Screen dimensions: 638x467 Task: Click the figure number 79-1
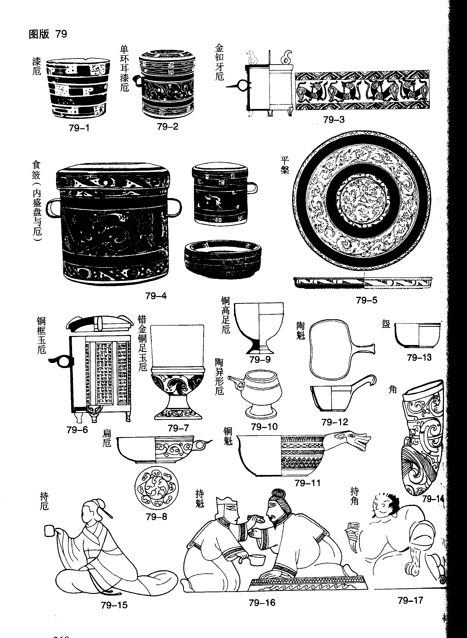79,128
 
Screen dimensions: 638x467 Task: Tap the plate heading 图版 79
48,34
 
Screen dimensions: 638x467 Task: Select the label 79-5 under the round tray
366,300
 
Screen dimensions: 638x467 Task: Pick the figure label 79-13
419,357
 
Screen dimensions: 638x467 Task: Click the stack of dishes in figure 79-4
223,259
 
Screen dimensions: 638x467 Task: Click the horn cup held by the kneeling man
352,532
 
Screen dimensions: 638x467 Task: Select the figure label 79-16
262,603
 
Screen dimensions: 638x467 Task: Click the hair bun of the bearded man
278,494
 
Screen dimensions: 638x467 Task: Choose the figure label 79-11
307,483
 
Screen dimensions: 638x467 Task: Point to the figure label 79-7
178,428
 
